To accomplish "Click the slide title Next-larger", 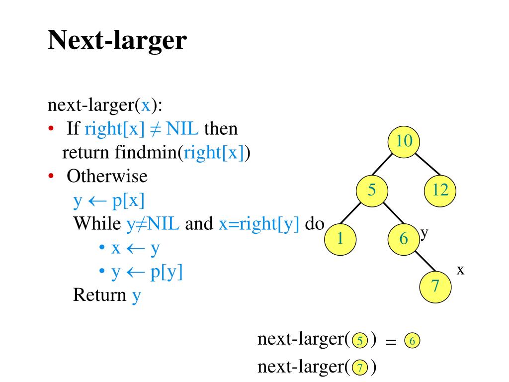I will (117, 40).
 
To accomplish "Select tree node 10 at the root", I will (404, 142).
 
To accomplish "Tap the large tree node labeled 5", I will (372, 191).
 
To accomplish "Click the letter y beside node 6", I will (424, 233).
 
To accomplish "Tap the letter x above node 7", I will (460, 270).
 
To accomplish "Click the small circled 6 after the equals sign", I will (412, 342).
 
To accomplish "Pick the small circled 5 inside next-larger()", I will (359, 342).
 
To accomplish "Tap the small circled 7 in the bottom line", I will (359, 369).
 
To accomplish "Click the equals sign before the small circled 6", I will (391, 342).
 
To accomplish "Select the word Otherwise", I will (107, 177).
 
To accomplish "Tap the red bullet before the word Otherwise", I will (51, 177).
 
